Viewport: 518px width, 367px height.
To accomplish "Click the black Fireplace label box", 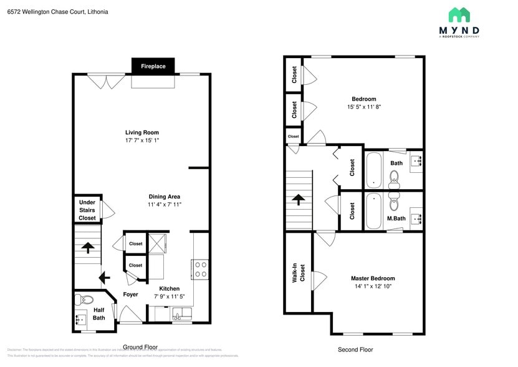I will pos(153,66).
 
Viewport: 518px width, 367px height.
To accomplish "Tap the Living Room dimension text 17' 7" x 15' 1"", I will pos(142,140).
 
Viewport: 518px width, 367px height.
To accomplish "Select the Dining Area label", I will pos(165,197).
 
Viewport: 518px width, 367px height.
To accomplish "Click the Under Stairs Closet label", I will pos(87,210).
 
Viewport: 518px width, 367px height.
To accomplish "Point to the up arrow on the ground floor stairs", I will pos(88,248).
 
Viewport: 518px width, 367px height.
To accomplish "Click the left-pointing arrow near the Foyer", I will pos(104,277).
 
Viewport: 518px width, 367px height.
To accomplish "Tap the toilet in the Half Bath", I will pos(86,300).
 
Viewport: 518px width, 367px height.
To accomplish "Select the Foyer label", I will pos(130,294).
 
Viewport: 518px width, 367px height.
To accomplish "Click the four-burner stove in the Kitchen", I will pos(201,269).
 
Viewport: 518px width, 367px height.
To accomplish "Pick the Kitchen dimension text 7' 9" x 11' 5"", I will pos(170,296).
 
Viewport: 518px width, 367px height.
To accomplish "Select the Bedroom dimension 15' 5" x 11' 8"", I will pos(364,107).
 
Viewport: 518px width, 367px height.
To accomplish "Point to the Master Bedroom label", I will pos(373,278).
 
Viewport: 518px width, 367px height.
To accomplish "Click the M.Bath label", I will pos(396,218).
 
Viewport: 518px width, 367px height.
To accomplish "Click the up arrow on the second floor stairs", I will pos(299,200).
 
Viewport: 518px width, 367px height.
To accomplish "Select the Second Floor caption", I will pos(355,350).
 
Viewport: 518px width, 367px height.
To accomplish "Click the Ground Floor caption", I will pos(140,347).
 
